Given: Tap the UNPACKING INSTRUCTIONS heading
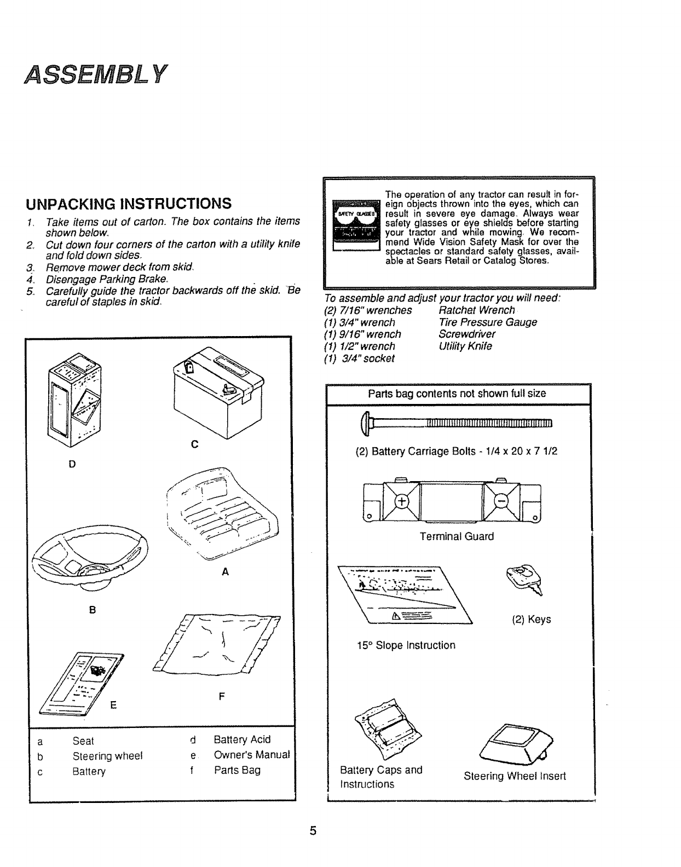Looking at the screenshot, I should pos(129,204).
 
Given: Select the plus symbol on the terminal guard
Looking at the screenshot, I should pos(402,501).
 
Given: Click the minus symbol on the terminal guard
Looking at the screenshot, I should pos(501,501).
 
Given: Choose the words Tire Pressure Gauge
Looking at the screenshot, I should pos(488,322).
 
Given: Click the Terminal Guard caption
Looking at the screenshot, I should pos(457,537).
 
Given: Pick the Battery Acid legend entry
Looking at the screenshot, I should pos(242,740).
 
